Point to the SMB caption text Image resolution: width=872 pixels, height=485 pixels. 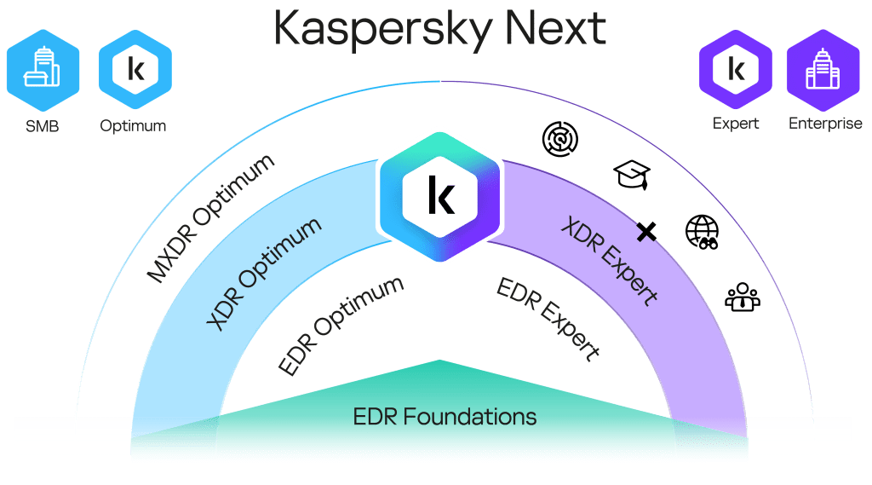click(42, 125)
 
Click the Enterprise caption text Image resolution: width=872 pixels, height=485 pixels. click(825, 124)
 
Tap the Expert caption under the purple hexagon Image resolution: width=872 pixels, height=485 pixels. click(736, 124)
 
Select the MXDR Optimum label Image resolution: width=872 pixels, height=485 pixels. click(211, 217)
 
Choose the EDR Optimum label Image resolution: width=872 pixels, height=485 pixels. click(341, 325)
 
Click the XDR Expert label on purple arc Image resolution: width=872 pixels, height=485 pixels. click(608, 261)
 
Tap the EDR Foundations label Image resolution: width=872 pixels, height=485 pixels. click(445, 417)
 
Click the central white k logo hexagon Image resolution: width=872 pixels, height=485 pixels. click(440, 195)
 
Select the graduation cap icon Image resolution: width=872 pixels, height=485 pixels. click(631, 175)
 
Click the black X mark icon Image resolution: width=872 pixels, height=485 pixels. click(646, 230)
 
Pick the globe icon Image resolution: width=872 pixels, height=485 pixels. click(702, 231)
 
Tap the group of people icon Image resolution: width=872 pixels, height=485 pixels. click(742, 296)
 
